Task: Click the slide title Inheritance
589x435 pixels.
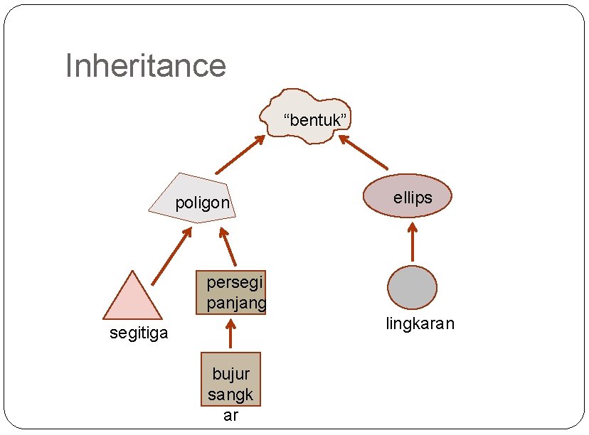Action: [146, 66]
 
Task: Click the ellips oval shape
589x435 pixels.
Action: [408, 195]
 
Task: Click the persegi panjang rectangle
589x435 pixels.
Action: [230, 292]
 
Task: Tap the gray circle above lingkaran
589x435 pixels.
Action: [412, 287]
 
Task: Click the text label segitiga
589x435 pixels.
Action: [139, 333]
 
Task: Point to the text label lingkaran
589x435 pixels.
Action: [420, 324]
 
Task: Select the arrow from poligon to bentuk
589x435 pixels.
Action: [240, 155]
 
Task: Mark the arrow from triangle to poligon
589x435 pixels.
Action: [171, 256]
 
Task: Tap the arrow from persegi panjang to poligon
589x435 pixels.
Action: [228, 247]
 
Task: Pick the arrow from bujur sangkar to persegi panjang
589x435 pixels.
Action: [230, 333]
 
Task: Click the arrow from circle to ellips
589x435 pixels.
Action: [412, 242]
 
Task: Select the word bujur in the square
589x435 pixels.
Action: [230, 374]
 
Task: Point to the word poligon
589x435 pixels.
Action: [203, 203]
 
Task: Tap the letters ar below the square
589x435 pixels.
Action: [230, 416]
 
